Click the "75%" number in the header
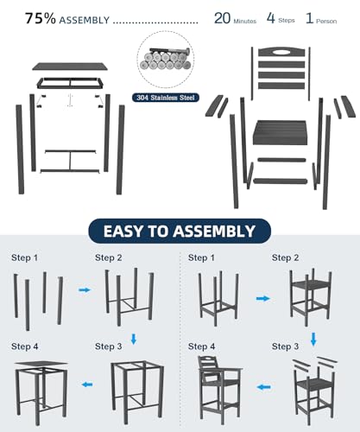click(x=40, y=18)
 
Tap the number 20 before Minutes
click(x=222, y=18)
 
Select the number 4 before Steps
click(x=270, y=18)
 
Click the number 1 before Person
click(x=309, y=18)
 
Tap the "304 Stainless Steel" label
click(x=166, y=98)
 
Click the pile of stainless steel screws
click(x=166, y=60)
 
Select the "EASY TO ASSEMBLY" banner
click(x=180, y=232)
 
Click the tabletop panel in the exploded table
click(x=70, y=67)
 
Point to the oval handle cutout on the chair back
click(x=281, y=53)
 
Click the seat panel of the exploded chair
click(x=280, y=132)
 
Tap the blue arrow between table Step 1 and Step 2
click(x=85, y=289)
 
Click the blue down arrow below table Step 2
click(x=134, y=339)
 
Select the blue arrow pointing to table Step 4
click(x=87, y=384)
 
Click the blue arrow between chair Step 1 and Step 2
click(x=262, y=298)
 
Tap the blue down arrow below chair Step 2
click(x=313, y=340)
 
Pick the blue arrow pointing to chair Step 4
click(x=263, y=387)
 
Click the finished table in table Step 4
click(x=41, y=393)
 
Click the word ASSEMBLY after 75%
click(x=85, y=20)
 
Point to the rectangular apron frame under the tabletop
click(x=70, y=83)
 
